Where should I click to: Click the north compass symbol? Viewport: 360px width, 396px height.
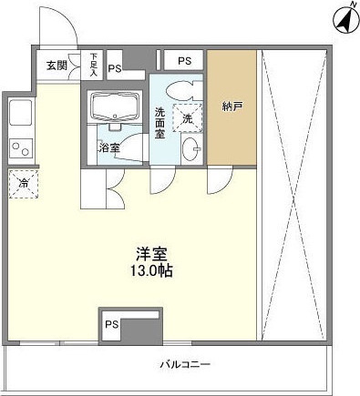(345, 20)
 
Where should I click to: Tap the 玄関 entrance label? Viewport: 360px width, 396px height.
(57, 66)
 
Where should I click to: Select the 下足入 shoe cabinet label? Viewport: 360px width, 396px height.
(93, 65)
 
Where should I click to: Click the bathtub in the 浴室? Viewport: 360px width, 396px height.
(115, 106)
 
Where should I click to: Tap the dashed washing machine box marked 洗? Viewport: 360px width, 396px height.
(188, 117)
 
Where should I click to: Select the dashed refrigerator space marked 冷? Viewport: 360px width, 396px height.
(24, 184)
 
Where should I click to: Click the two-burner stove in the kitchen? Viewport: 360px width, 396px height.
(21, 147)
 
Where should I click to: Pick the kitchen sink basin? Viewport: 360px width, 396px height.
(21, 112)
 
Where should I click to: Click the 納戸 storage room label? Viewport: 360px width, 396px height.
(231, 107)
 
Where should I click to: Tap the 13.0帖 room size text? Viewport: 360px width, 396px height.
(151, 270)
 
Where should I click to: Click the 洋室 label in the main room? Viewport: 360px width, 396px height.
(151, 255)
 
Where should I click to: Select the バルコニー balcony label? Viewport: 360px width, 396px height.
(185, 364)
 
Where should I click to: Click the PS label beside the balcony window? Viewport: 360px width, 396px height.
(111, 325)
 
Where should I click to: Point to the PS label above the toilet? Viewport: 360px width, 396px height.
(185, 61)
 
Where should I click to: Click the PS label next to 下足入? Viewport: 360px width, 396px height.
(115, 69)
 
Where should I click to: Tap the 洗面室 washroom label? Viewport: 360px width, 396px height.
(160, 123)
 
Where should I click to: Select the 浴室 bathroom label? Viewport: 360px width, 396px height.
(109, 147)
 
